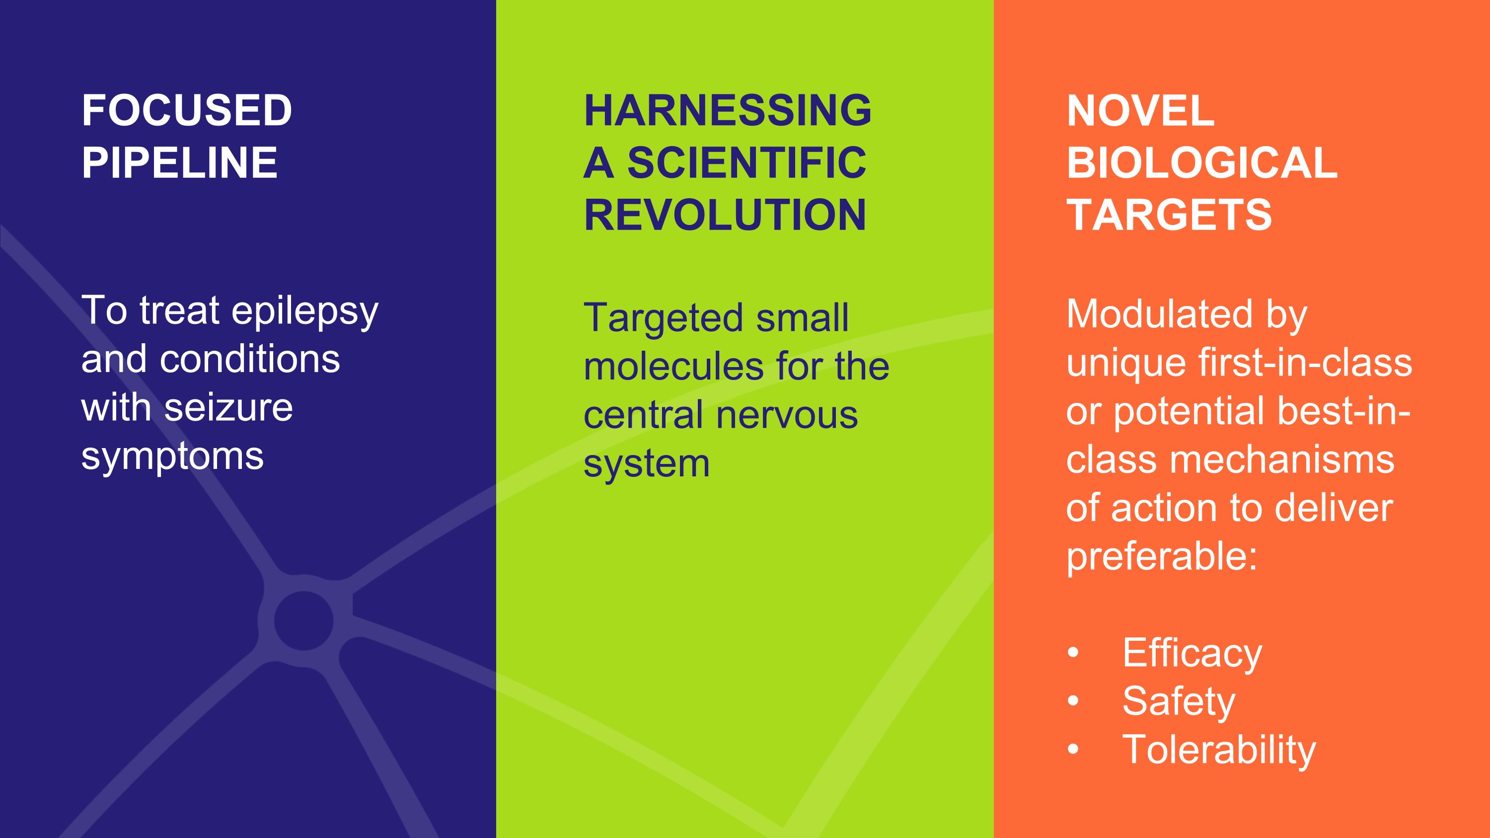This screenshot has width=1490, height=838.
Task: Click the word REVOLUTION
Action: coord(725,215)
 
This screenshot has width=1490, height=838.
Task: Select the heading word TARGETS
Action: coord(1169,215)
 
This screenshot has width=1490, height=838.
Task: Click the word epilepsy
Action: coord(305,312)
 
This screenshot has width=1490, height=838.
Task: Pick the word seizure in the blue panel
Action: coord(228,408)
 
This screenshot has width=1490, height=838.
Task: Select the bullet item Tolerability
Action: coord(1219,750)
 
